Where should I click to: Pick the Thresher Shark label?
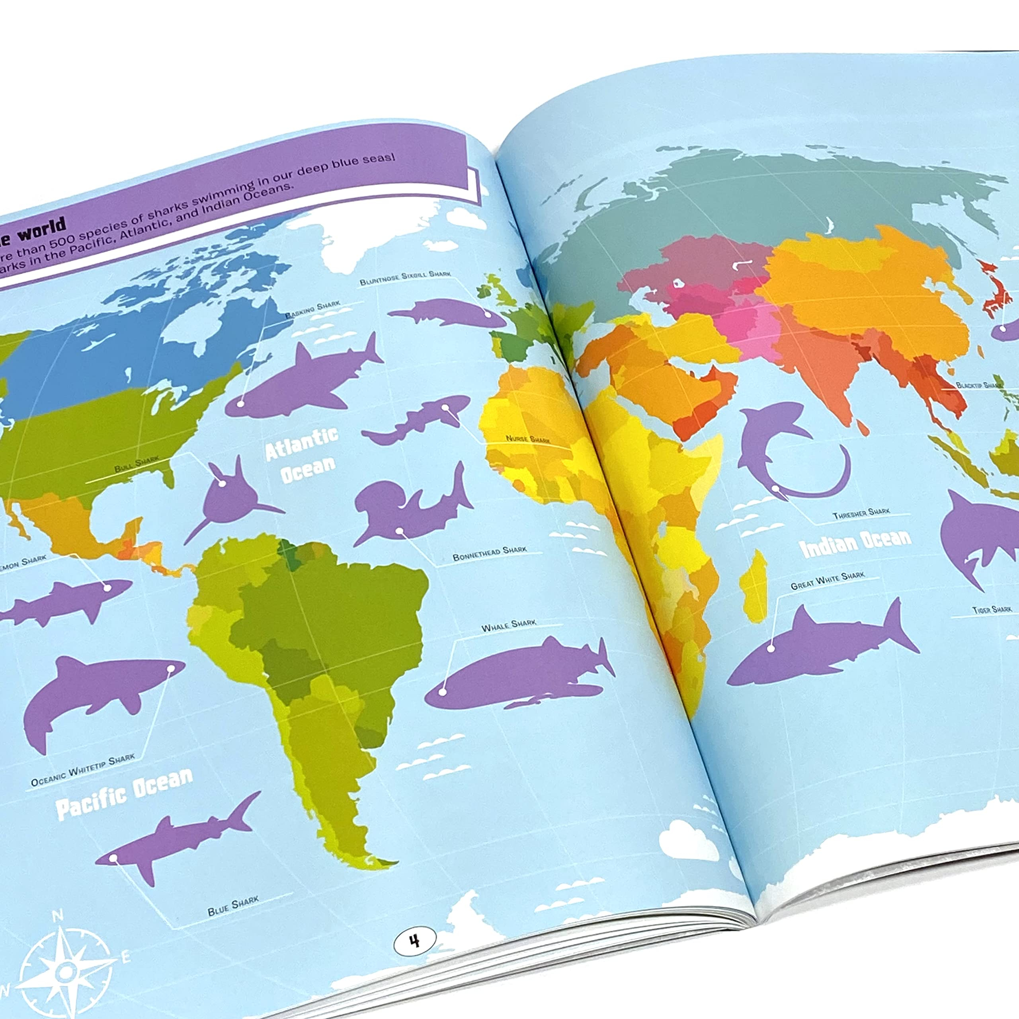(861, 513)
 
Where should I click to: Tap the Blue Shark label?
(233, 905)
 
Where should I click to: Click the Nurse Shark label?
(527, 439)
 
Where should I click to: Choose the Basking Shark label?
(312, 310)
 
